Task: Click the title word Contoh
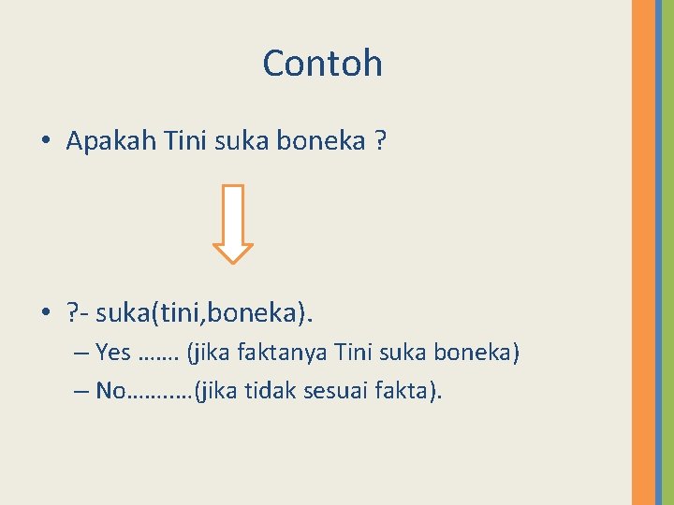(322, 64)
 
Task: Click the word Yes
(112, 353)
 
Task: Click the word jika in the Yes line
(212, 353)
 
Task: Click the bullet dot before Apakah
(46, 143)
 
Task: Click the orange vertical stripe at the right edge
(643, 252)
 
